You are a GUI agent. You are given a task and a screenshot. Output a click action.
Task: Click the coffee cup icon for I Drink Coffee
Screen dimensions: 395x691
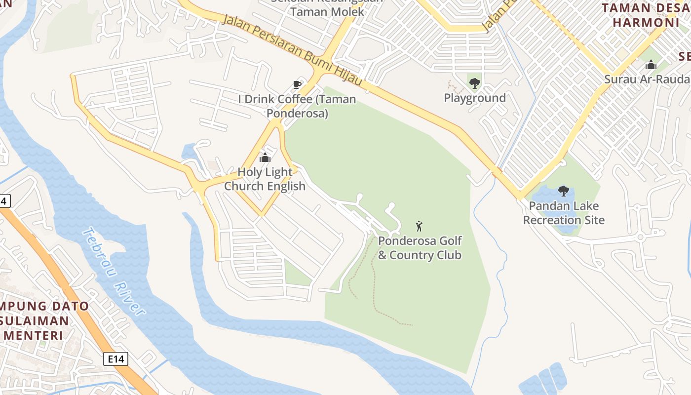pyautogui.click(x=297, y=85)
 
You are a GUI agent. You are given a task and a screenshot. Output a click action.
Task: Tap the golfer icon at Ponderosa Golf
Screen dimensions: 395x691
pyautogui.click(x=419, y=226)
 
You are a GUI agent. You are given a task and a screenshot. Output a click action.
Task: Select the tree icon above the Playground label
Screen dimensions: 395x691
pyautogui.click(x=474, y=83)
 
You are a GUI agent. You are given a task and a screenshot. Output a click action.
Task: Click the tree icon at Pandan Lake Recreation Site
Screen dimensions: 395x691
pyautogui.click(x=563, y=191)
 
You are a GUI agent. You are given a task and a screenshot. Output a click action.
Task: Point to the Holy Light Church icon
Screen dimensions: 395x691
pyautogui.click(x=265, y=158)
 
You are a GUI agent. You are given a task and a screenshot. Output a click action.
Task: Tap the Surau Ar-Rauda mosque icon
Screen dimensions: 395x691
pyautogui.click(x=651, y=65)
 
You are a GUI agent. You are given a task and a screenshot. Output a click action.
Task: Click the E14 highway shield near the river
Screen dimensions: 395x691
pyautogui.click(x=116, y=359)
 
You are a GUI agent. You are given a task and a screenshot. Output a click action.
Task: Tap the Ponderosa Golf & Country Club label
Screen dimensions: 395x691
pyautogui.click(x=420, y=248)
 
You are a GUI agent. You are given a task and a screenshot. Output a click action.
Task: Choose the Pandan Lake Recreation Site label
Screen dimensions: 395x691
pyautogui.click(x=564, y=213)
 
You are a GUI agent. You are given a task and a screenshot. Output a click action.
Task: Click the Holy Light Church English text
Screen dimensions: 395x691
pyautogui.click(x=265, y=179)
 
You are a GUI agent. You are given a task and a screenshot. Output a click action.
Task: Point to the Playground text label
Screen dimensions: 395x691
pyautogui.click(x=475, y=98)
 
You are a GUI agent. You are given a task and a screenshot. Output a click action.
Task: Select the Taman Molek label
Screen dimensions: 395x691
pyautogui.click(x=327, y=11)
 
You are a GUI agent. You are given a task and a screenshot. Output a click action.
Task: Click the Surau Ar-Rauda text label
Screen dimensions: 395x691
pyautogui.click(x=647, y=79)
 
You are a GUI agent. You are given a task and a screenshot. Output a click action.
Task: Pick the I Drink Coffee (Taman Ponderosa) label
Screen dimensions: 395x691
pyautogui.click(x=297, y=106)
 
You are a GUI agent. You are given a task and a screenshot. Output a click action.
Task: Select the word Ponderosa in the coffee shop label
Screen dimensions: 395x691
pyautogui.click(x=297, y=114)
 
